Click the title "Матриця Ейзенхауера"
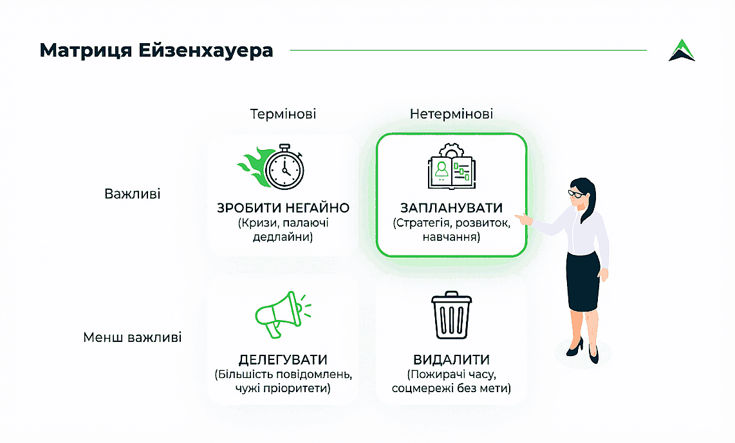pos(156,50)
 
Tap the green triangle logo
pos(682,50)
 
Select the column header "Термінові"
pos(283,115)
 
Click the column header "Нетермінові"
pos(451,115)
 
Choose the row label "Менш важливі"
pos(133,337)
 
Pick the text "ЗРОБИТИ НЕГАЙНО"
pos(283,209)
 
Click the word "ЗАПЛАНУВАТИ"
pos(451,209)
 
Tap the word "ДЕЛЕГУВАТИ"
pos(283,359)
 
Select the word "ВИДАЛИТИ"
pos(451,359)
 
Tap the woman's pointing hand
pos(526,219)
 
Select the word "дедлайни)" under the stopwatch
pos(283,238)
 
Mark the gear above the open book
pos(451,148)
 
